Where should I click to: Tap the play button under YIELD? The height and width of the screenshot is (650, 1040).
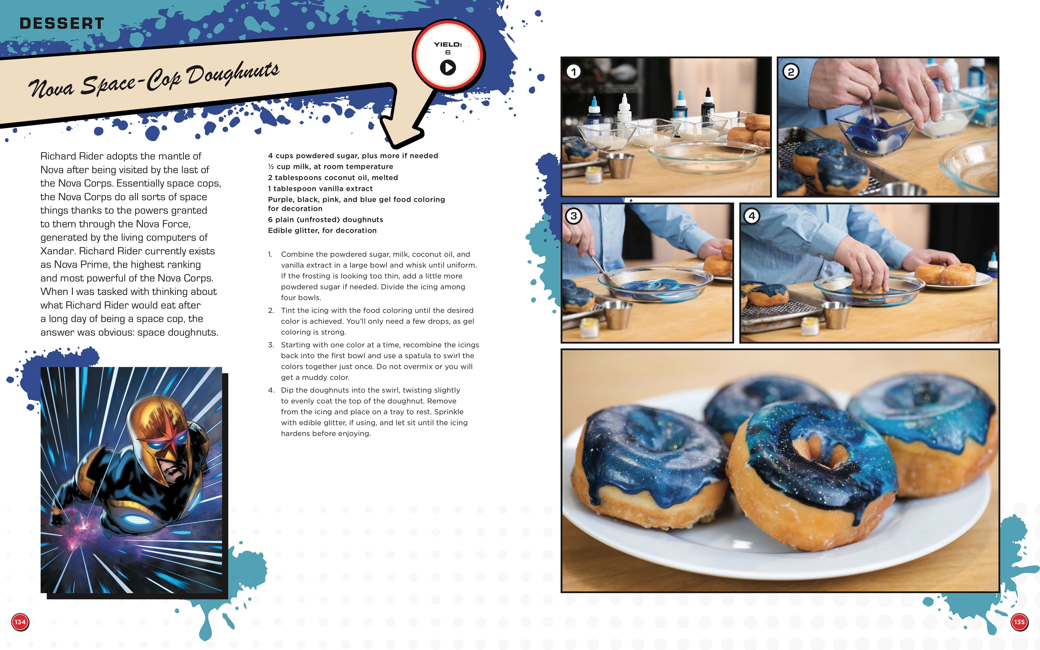point(448,68)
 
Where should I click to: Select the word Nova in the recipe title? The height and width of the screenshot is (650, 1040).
point(51,88)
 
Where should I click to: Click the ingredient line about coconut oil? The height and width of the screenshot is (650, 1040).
point(333,178)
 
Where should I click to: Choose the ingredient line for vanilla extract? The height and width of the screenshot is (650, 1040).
point(320,189)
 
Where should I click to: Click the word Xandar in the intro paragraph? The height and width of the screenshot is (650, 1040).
point(57,251)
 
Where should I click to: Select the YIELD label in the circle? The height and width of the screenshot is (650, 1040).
point(448,44)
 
